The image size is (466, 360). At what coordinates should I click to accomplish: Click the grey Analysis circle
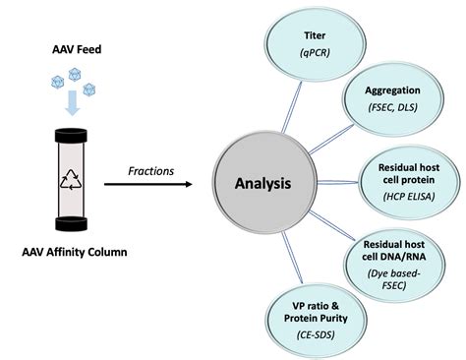pos(262,183)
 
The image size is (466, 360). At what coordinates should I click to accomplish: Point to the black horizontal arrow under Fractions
pos(153,184)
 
